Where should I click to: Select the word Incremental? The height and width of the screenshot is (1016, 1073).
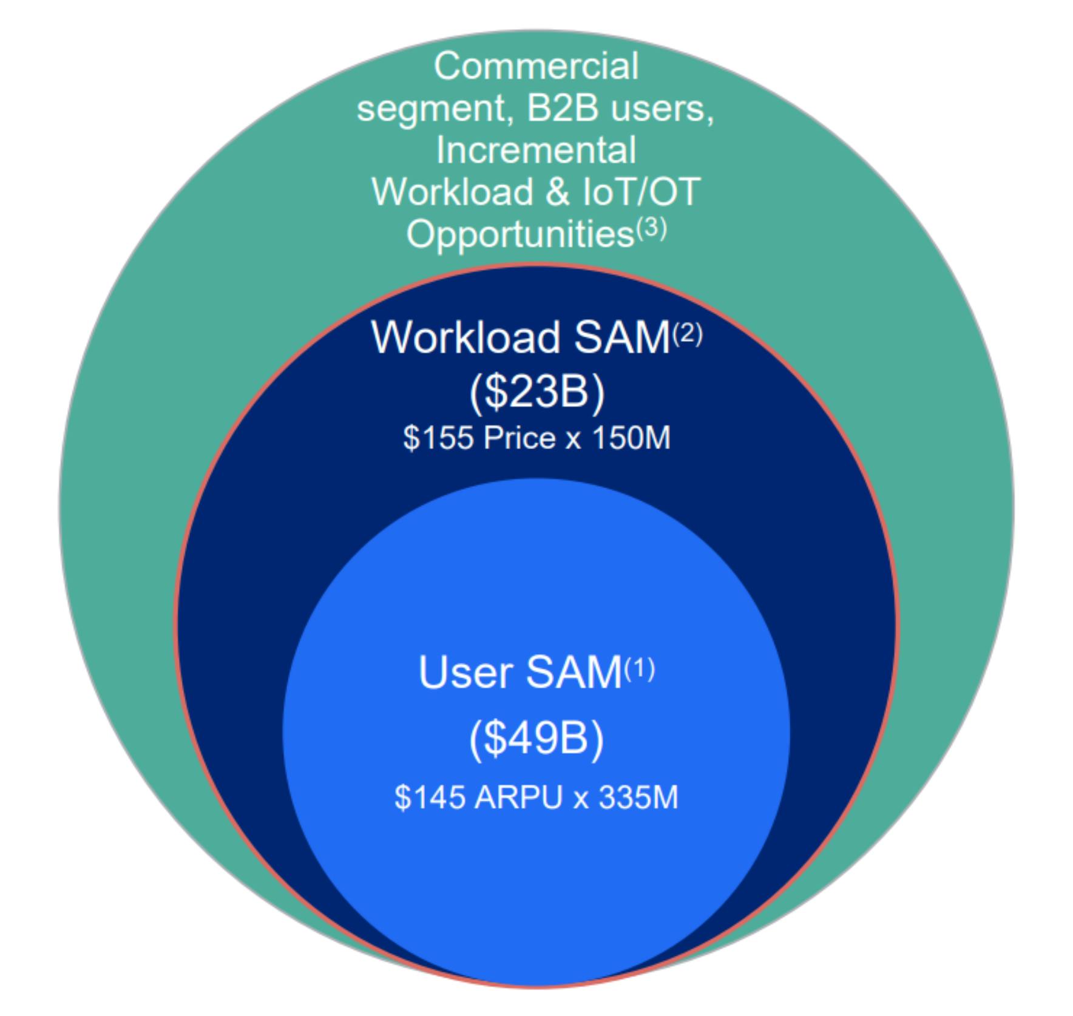tap(536, 150)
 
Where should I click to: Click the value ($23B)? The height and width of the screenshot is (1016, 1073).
tap(537, 392)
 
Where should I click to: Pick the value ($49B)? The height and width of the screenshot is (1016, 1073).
tap(536, 739)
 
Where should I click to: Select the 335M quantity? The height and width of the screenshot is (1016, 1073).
tap(638, 797)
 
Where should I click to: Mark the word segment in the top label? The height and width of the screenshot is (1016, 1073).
tap(432, 109)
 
